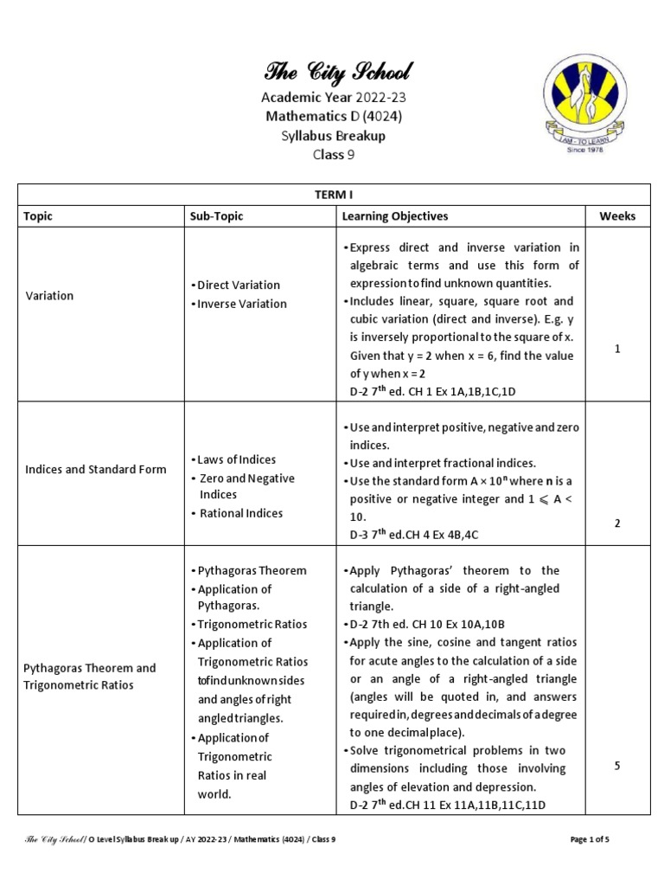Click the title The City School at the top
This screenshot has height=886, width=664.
(333, 72)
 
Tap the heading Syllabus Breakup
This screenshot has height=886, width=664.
(333, 136)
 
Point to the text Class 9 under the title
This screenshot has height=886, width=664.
(333, 155)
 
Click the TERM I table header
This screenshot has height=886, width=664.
(333, 196)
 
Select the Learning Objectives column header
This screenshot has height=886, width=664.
(395, 216)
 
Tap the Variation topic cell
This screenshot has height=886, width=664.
(50, 296)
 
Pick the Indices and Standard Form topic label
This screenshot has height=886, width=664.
(96, 470)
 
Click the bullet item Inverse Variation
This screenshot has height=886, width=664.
(241, 304)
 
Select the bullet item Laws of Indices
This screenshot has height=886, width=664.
(236, 459)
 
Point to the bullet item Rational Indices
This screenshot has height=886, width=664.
(240, 513)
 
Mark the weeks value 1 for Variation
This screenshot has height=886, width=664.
(617, 348)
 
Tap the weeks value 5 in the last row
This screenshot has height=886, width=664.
(617, 765)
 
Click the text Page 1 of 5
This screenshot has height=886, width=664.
(596, 839)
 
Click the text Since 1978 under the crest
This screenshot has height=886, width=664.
(585, 150)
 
